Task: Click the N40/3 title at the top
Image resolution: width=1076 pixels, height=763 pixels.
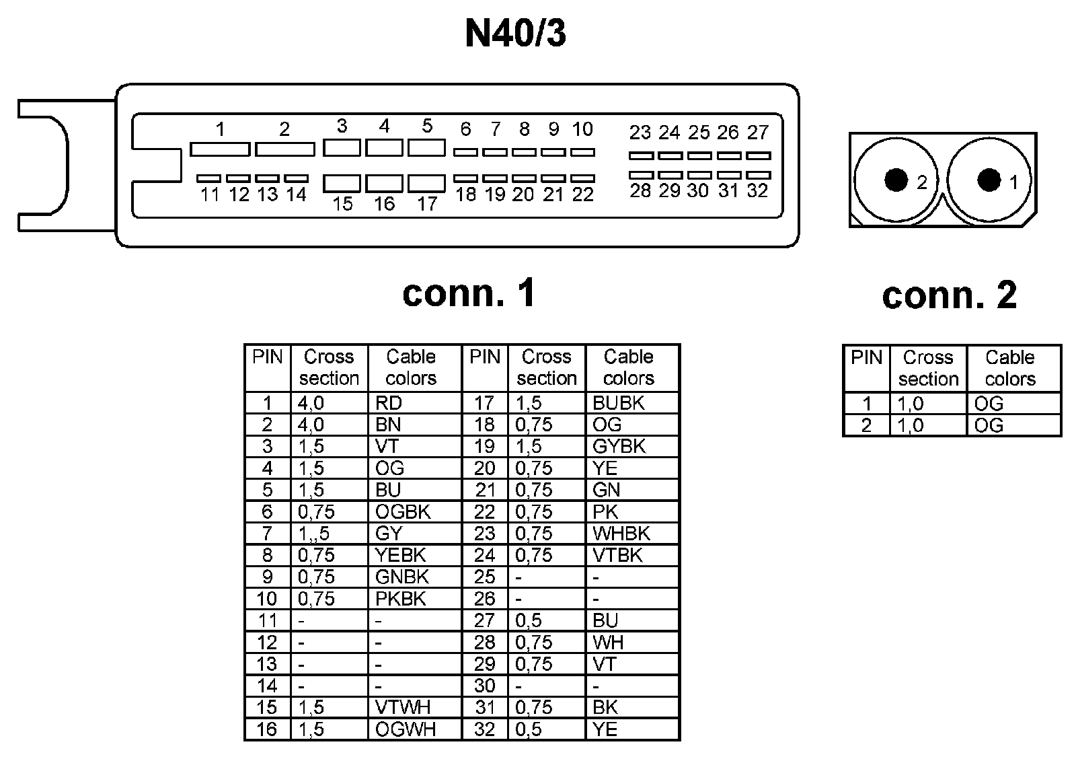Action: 515,34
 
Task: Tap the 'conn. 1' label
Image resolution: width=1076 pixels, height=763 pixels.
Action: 469,293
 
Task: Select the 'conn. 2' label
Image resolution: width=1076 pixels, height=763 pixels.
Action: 949,295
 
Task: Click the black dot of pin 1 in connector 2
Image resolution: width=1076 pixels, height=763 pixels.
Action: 989,180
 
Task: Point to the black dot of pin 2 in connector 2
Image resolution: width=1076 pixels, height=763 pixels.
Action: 896,180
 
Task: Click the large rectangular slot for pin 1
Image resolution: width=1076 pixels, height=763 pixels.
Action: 220,149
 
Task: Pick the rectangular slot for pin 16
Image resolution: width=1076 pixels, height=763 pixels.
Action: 385,183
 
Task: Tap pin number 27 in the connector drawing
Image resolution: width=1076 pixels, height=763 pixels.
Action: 758,133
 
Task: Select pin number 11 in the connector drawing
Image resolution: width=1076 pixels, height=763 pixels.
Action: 210,195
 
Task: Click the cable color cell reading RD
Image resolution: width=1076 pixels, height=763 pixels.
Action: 389,403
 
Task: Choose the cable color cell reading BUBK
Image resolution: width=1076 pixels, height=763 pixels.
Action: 618,403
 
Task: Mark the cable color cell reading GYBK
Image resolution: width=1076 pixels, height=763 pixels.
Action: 619,446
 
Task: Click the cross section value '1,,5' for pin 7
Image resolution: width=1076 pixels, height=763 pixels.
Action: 315,534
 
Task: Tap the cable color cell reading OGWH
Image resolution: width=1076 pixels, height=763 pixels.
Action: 405,729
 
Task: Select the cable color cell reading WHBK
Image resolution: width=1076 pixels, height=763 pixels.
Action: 621,534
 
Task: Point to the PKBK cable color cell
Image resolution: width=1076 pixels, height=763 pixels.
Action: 401,599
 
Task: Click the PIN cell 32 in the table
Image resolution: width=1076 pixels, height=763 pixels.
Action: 484,729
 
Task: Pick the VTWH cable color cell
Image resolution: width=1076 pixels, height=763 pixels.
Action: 403,707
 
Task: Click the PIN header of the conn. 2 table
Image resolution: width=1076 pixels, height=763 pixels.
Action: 866,357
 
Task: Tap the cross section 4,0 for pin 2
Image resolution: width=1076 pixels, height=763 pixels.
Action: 311,425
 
